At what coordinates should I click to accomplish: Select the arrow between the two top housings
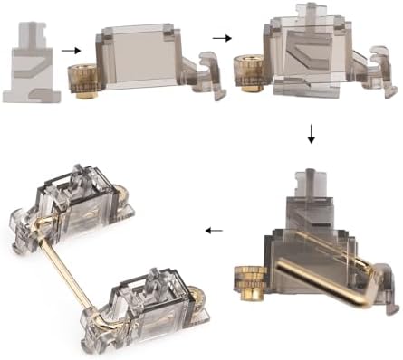point(220,39)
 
